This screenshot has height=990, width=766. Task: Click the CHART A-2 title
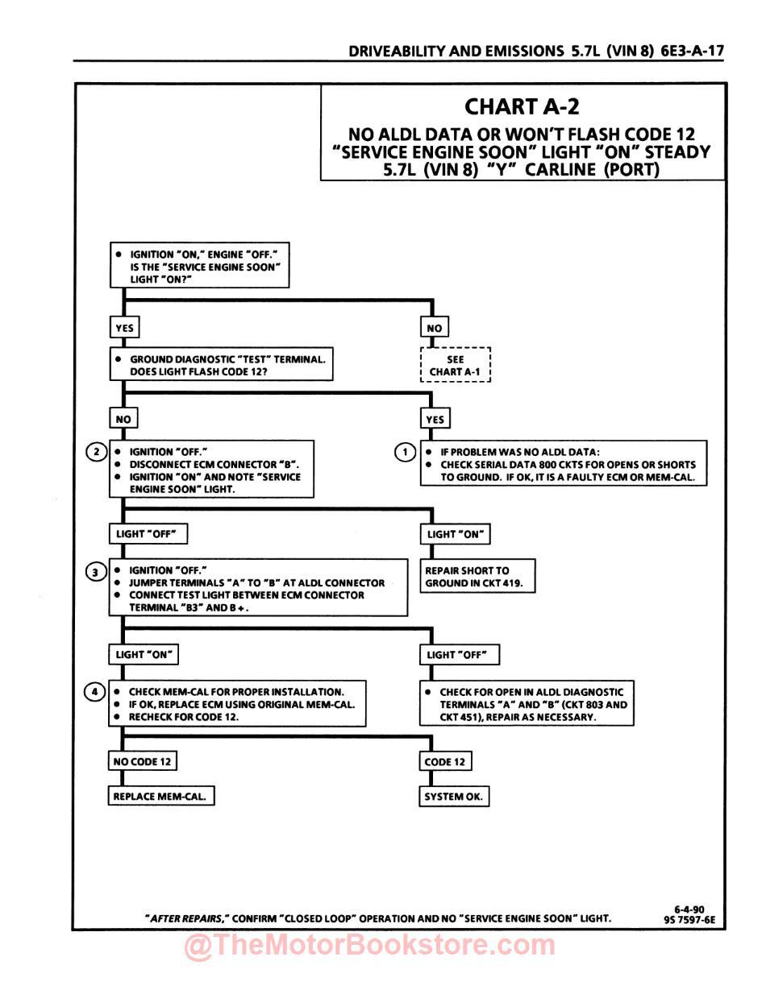[522, 106]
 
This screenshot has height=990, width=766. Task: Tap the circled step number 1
[405, 452]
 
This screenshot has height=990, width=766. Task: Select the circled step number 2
[96, 452]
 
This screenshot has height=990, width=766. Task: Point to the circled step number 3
[96, 572]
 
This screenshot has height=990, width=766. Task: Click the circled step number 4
[95, 692]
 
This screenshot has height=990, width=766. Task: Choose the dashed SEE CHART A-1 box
[456, 366]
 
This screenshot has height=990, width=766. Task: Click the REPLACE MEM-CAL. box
[161, 797]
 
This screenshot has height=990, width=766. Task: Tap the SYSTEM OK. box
[455, 797]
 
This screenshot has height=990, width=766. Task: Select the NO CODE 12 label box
[142, 761]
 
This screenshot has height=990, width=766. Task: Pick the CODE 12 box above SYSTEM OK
[444, 761]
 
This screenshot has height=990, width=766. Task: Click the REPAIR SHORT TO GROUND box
[477, 576]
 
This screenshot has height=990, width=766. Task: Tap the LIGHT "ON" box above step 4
[144, 654]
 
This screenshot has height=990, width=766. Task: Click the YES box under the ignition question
[124, 328]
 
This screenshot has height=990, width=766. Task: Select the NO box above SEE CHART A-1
[434, 328]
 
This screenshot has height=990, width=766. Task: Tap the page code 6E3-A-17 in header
[692, 51]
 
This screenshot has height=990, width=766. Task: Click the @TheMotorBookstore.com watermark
[370, 946]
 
